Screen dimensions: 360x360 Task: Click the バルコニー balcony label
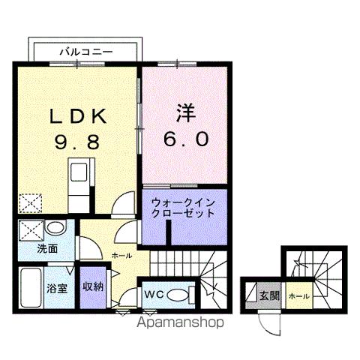(x=86, y=52)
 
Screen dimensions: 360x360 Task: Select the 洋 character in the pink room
(x=185, y=114)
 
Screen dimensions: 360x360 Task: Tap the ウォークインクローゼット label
(x=183, y=208)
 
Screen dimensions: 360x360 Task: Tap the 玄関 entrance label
(x=268, y=295)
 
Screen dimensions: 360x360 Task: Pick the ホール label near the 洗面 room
(x=121, y=256)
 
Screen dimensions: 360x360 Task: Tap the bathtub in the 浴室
(x=30, y=286)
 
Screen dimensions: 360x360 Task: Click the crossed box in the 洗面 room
(x=30, y=229)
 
